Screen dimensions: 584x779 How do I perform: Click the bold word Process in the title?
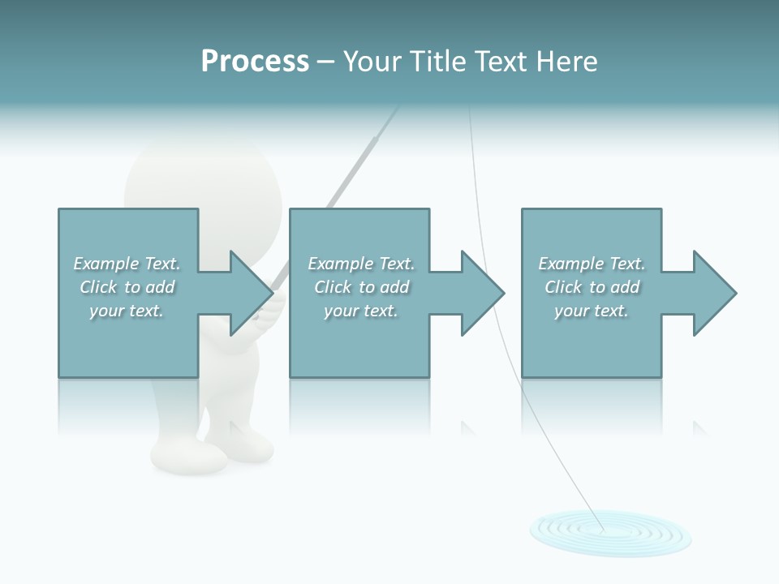[x=255, y=62]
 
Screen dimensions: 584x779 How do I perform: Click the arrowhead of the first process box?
[x=247, y=293]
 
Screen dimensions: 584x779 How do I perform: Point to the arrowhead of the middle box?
[x=480, y=293]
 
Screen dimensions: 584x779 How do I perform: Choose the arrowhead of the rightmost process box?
[x=712, y=293]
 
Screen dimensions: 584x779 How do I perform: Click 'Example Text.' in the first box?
[x=127, y=264]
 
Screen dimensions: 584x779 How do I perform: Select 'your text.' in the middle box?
[x=360, y=311]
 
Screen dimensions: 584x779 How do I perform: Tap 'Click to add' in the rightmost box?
[x=592, y=287]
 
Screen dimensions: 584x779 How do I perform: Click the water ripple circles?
[x=610, y=531]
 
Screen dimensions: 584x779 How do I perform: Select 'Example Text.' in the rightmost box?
[x=592, y=264]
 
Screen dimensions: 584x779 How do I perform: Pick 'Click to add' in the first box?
[x=127, y=287]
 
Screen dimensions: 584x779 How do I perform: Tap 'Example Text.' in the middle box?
[x=360, y=264]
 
